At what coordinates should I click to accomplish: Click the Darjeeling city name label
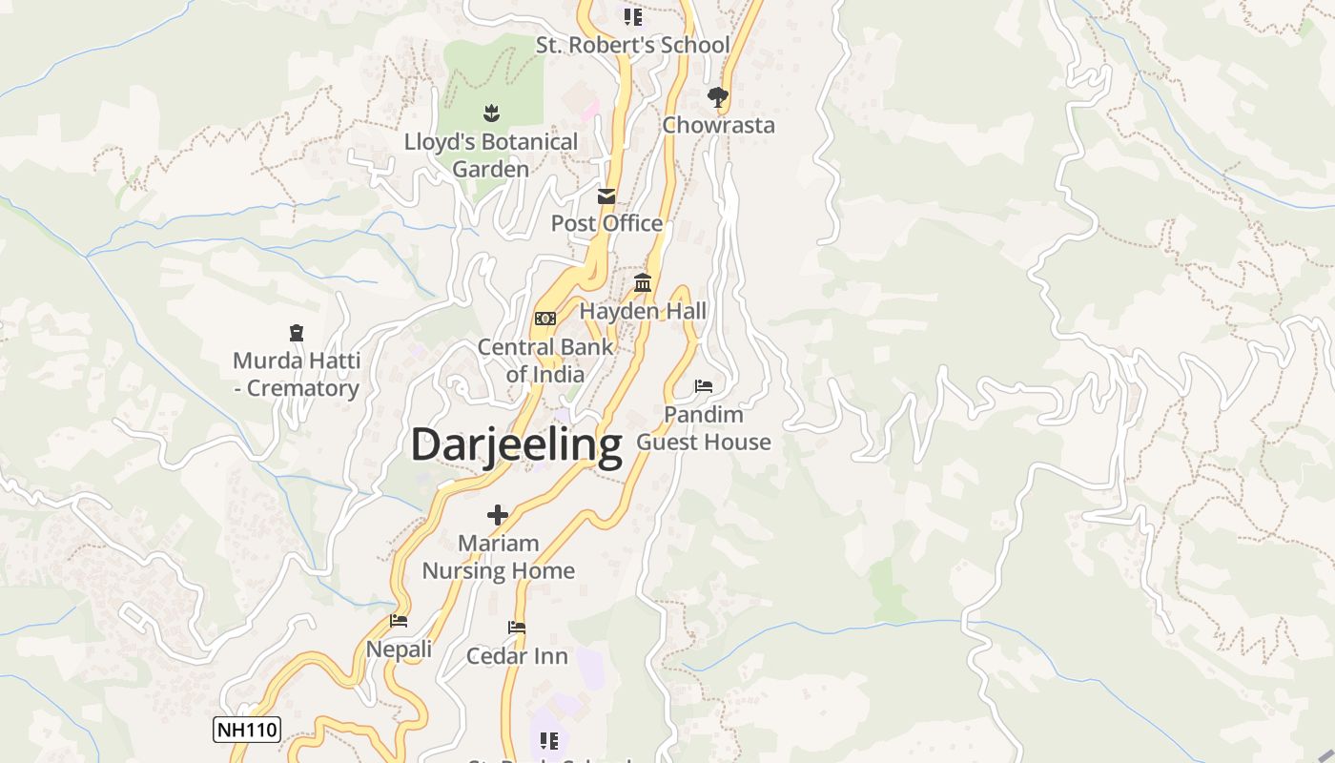[x=516, y=444]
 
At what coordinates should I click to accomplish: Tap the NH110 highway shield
[x=246, y=731]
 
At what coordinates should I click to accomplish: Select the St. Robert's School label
[x=632, y=45]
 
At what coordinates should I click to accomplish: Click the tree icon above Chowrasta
[x=718, y=97]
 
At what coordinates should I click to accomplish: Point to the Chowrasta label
[x=718, y=125]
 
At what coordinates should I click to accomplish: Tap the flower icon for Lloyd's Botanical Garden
[x=491, y=114]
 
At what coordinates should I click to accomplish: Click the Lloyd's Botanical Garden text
[x=491, y=155]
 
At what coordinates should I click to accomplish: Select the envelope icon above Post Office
[x=606, y=197]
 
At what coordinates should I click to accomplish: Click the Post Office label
[x=606, y=223]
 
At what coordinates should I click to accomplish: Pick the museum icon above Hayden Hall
[x=643, y=283]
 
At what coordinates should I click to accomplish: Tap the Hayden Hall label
[x=643, y=311]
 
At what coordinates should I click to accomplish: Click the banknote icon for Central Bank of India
[x=545, y=319]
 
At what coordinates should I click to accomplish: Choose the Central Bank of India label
[x=545, y=361]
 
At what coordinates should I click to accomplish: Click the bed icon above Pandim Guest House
[x=704, y=386]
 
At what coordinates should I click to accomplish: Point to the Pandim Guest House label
[x=704, y=428]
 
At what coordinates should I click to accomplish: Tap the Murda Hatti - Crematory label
[x=297, y=375]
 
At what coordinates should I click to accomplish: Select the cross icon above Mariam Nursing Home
[x=498, y=516]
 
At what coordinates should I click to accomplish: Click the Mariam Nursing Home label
[x=498, y=557]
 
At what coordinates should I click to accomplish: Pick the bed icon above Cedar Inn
[x=517, y=628]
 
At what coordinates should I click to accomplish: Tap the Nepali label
[x=399, y=650]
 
